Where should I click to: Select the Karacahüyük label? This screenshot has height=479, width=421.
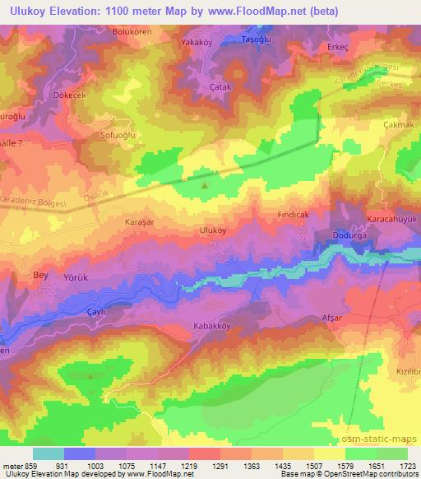391,221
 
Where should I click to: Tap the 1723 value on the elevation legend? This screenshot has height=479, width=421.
407,466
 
